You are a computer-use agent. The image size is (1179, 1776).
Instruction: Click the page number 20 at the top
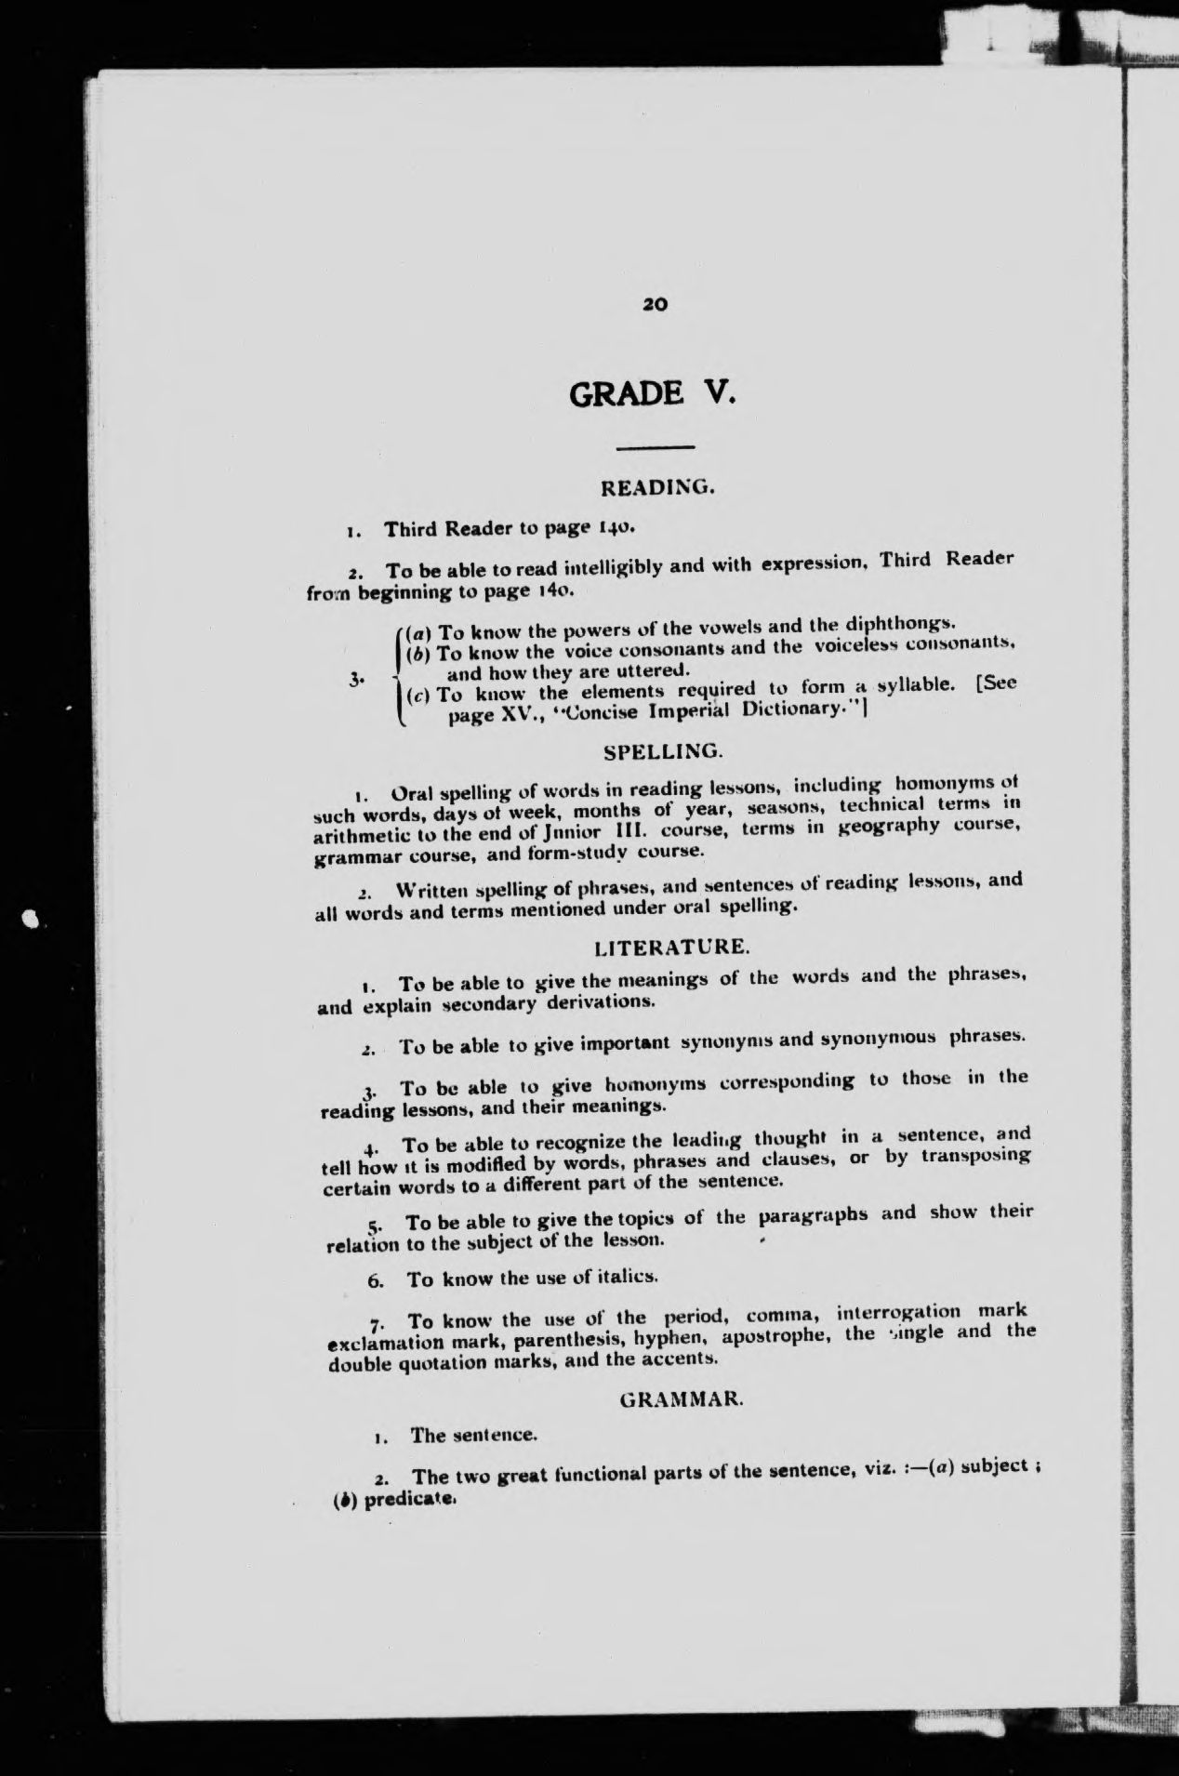[656, 304]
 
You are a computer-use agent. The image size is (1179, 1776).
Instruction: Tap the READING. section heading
[657, 486]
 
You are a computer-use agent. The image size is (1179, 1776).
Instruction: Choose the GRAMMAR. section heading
[682, 1398]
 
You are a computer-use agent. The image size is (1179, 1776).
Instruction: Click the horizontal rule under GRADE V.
[656, 449]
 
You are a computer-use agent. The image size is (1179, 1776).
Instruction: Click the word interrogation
[899, 1314]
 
